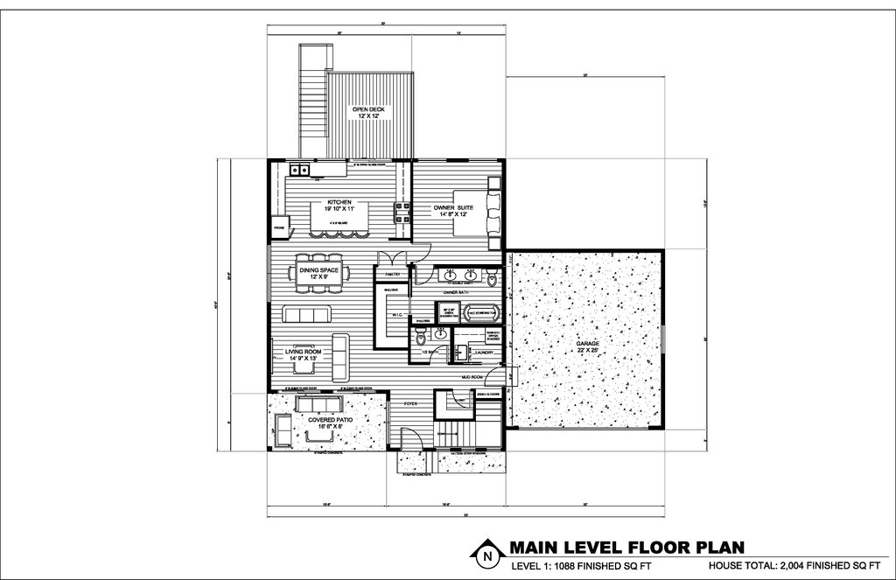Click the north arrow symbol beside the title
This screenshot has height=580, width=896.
484,555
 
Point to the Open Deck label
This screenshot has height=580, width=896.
368,113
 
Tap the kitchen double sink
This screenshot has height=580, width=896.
298,169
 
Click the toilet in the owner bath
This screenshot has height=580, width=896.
493,278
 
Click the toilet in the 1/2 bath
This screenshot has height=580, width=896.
421,332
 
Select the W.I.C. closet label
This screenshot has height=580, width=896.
395,316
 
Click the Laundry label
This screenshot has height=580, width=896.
484,353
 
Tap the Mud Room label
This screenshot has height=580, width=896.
472,377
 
